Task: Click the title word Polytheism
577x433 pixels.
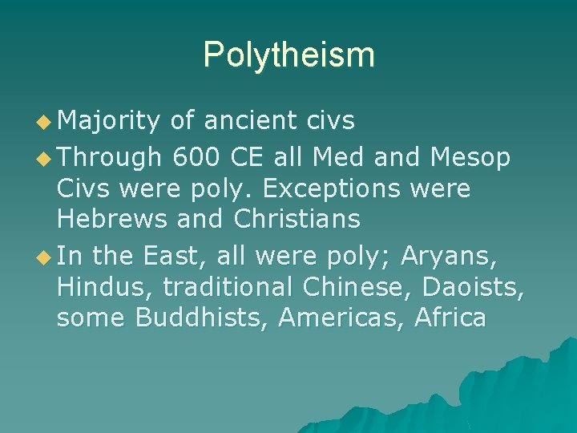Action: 288,55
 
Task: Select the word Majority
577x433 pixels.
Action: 110,121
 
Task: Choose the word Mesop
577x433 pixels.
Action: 470,157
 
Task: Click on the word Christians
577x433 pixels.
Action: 297,218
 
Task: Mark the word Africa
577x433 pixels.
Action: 450,318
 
